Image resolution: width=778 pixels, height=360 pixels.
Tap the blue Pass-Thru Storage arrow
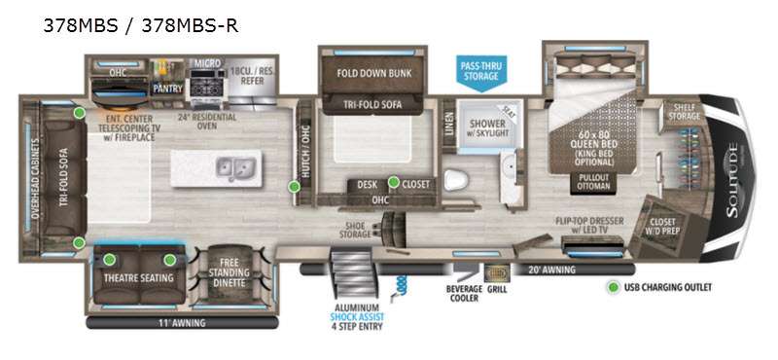tap(480, 71)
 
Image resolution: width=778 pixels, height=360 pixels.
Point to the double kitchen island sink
tap(233, 166)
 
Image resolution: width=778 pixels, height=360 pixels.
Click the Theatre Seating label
tap(137, 278)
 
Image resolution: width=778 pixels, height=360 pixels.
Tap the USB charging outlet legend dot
tap(613, 287)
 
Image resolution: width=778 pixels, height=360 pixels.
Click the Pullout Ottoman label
tap(592, 182)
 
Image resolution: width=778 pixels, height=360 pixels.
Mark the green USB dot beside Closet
tap(394, 181)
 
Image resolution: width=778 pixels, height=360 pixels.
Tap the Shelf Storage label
tap(685, 113)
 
